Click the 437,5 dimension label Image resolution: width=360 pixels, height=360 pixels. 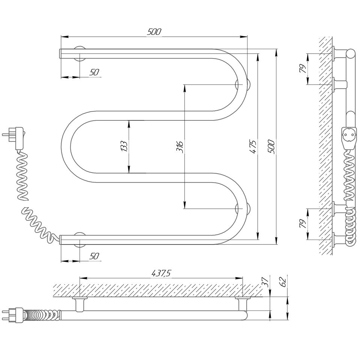click(161, 273)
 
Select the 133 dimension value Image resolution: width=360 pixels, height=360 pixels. click(124, 146)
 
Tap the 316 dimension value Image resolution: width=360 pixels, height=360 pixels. click(180, 147)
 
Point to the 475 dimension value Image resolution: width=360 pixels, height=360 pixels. click(253, 147)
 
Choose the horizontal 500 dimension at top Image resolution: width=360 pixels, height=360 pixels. click(154, 31)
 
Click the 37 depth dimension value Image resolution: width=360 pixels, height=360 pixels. click(265, 281)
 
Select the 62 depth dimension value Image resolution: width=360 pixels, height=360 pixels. click(283, 282)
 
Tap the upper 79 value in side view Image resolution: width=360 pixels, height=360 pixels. click(303, 69)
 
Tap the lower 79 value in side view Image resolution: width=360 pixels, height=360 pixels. click(303, 224)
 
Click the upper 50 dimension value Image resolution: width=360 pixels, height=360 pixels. click(94, 72)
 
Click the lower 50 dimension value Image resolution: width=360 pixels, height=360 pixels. click(94, 256)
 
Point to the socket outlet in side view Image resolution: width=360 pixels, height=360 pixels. click(349, 138)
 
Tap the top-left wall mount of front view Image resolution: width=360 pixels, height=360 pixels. click(79, 54)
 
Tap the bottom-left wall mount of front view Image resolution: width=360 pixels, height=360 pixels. click(79, 240)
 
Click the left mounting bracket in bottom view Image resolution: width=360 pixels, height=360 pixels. click(79, 304)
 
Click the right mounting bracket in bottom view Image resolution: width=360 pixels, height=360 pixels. click(242, 304)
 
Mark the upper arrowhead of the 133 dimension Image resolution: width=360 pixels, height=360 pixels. click(129, 124)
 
